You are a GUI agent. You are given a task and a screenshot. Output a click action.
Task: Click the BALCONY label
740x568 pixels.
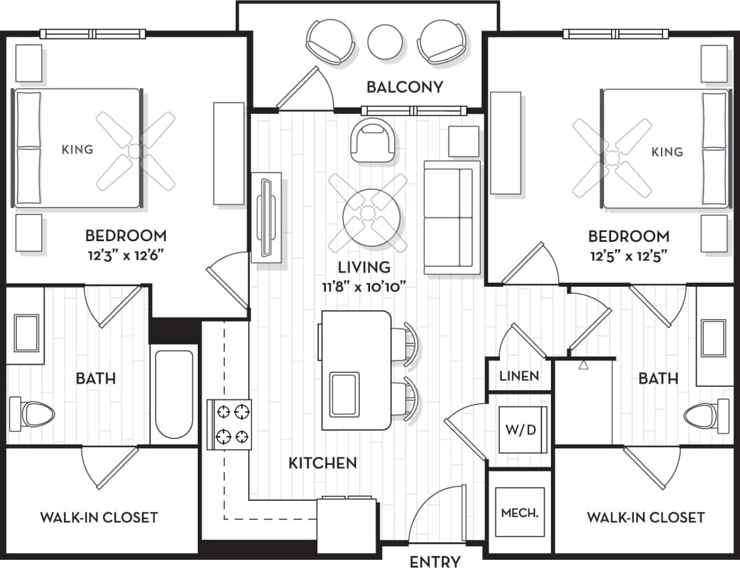405,87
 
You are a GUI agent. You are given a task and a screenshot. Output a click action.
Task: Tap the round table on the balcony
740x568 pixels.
386,41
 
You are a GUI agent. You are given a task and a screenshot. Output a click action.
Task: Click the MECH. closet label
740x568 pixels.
519,513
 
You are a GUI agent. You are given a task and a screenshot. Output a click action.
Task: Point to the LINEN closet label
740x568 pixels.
519,376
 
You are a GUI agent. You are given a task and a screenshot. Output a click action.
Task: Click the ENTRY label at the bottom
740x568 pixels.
435,561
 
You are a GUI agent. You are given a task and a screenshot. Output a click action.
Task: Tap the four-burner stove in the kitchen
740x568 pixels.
230,424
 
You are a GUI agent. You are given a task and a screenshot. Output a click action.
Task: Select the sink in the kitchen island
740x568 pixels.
343,394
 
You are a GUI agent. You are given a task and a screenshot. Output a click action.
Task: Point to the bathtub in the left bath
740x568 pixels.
174,394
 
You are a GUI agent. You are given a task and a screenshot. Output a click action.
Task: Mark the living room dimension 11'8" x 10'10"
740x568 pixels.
364,286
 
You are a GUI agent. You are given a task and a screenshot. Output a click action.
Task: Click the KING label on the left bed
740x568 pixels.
77,150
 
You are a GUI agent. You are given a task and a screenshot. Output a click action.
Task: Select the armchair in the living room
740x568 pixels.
373,141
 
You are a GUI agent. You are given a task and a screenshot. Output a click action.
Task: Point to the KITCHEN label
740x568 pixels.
322,463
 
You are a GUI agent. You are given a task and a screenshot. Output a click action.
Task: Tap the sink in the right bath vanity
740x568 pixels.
713,338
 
